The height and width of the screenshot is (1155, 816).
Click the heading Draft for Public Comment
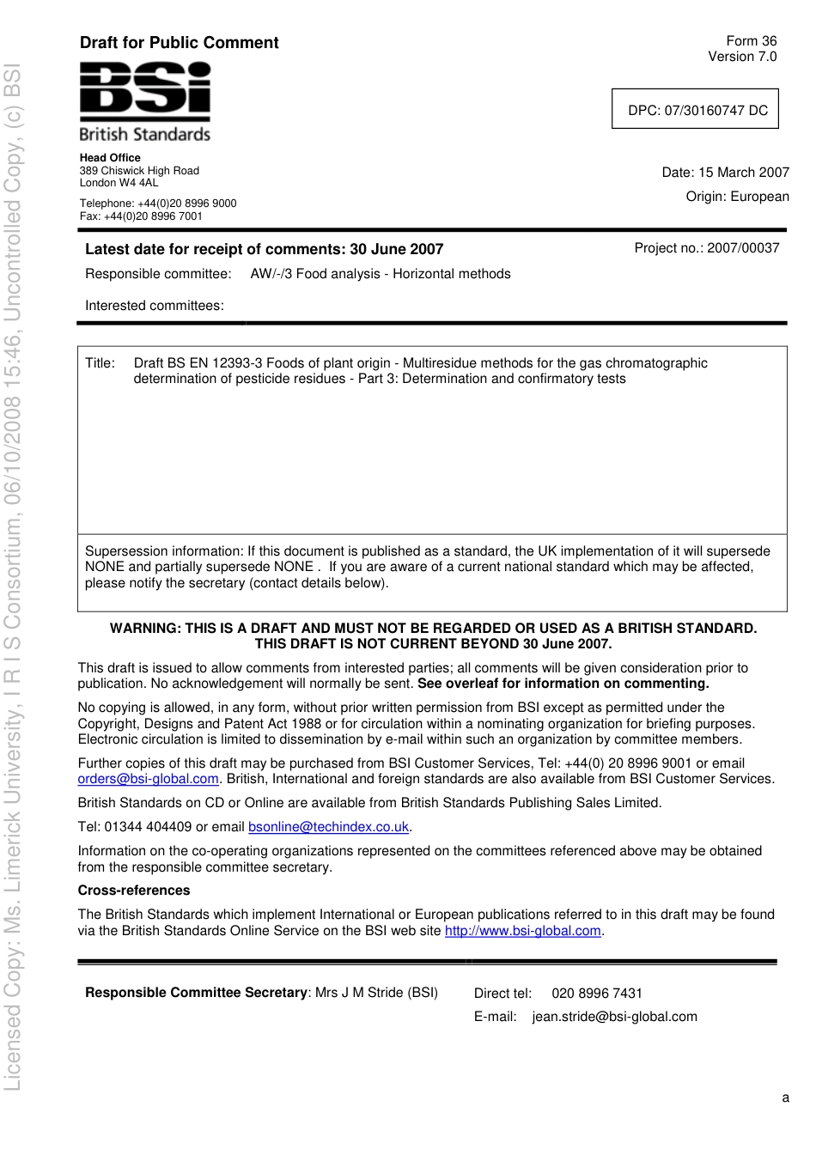coord(179,43)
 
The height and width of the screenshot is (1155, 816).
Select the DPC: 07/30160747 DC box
coord(695,110)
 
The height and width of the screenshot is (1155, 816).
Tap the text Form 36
coord(751,41)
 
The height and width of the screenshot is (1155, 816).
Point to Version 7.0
coord(741,57)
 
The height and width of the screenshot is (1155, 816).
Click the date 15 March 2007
coord(743,173)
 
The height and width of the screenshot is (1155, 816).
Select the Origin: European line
coord(736,197)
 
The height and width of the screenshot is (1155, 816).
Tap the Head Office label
coord(110,158)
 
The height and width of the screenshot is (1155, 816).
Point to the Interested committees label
coord(154,306)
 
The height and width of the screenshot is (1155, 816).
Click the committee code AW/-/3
coord(271,274)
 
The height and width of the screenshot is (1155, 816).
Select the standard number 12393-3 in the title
coord(238,363)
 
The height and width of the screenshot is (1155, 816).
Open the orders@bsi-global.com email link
coord(148,779)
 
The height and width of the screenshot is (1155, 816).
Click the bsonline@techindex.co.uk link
coord(328,827)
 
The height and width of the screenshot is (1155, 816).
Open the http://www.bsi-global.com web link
coord(522,931)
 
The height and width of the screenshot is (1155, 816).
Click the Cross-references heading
coord(133,891)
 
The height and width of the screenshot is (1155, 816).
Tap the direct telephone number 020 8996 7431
coord(596,994)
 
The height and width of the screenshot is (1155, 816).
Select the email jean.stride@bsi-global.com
coord(614,1017)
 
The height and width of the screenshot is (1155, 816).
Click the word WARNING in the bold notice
coord(144,629)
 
